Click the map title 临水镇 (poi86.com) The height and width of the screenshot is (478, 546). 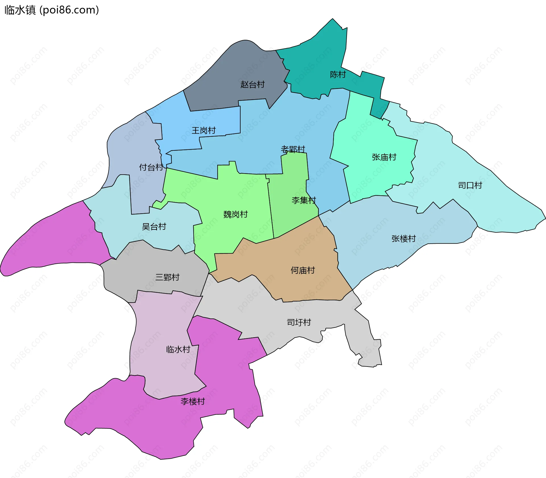pos(52,10)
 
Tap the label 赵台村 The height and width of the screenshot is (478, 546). pos(252,84)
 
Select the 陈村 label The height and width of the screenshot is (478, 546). pos(338,75)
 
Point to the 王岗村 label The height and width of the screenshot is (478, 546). pos(204,131)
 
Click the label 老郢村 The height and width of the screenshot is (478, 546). pos(293,149)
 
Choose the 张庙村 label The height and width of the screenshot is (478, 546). pos(384,157)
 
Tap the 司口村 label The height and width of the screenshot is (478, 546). pos(470,185)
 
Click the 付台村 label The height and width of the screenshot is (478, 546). pos(151,167)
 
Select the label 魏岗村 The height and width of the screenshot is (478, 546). pos(235,214)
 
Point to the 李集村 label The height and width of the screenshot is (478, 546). pos(304,200)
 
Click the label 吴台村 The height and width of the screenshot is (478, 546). pos(154,227)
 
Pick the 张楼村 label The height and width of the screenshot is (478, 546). pos(404,239)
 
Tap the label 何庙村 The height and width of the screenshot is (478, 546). pos(303,270)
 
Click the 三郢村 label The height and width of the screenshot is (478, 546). pos(167,277)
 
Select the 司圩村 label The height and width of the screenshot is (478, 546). pos(299,322)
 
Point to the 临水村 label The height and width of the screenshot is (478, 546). pos(178,349)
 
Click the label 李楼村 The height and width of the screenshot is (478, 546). pos(193,402)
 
